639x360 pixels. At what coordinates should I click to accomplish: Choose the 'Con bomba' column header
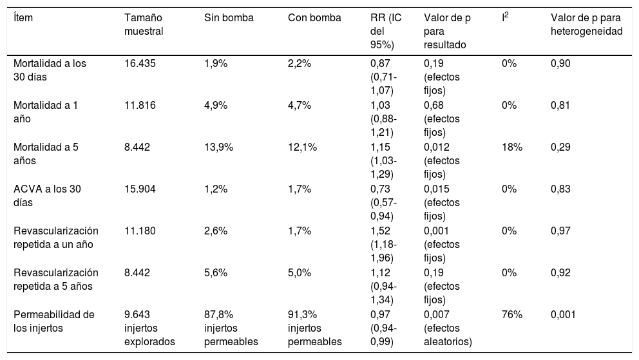tap(314, 18)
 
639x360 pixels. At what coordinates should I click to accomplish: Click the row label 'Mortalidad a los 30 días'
tap(49, 70)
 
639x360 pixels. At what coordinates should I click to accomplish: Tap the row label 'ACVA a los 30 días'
tap(47, 195)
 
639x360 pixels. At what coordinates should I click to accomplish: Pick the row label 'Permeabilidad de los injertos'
tap(53, 321)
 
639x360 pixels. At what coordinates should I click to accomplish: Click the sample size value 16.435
tap(140, 64)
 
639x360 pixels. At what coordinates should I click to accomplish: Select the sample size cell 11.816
tap(139, 106)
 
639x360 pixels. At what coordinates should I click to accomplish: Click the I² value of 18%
tap(511, 147)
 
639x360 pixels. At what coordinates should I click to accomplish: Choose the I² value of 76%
tap(511, 315)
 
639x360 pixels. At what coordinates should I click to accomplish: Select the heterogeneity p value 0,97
tap(560, 231)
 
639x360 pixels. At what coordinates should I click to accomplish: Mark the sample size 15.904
tap(140, 189)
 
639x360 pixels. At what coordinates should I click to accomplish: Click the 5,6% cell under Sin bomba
tap(214, 273)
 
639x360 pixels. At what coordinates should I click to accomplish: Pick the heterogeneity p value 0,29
tap(560, 147)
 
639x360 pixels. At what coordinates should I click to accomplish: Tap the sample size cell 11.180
tap(140, 231)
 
